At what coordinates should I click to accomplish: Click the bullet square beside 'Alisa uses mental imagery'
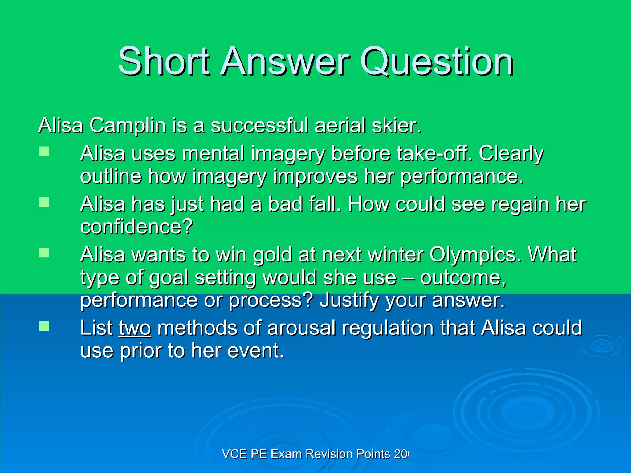tap(44, 152)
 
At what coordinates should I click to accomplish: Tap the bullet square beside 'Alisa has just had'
tap(44, 202)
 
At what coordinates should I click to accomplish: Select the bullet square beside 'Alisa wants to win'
tap(44, 253)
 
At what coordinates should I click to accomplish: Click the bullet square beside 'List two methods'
tap(44, 326)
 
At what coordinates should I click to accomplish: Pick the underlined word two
tap(135, 328)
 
